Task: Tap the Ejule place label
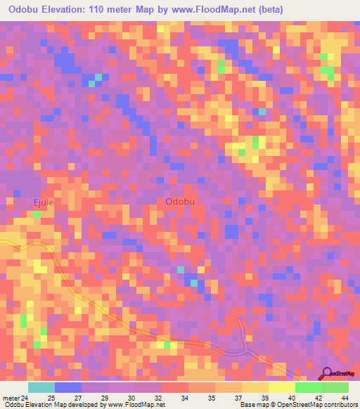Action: [44, 202]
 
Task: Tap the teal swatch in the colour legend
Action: [41, 387]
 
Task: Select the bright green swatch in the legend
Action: [308, 387]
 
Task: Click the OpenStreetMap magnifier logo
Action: [327, 374]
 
